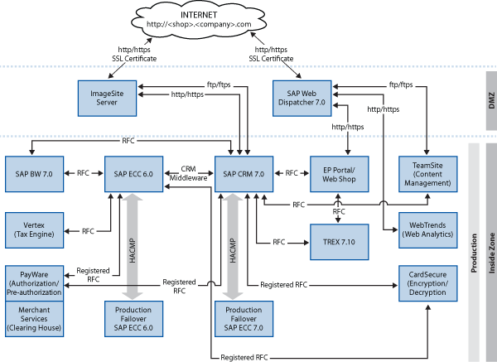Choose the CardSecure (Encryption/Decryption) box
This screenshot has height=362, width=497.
pos(427,283)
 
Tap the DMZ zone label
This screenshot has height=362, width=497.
pos(489,98)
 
